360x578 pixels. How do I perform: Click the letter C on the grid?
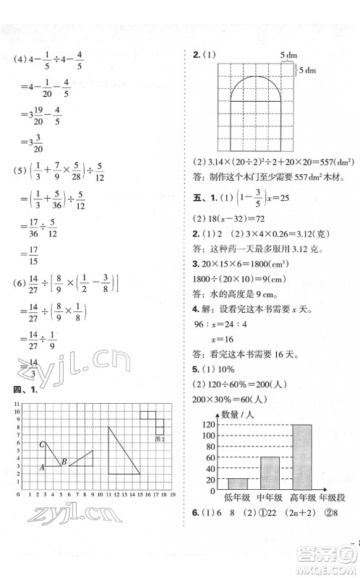pyautogui.click(x=43, y=445)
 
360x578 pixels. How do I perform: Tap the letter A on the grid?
pyautogui.click(x=42, y=467)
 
